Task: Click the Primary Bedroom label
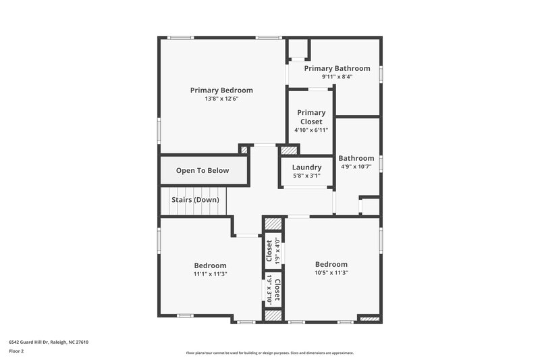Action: tap(221, 90)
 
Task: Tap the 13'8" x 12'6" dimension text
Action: tap(221, 99)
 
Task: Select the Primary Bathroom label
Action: tap(337, 68)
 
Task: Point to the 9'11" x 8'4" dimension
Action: tap(337, 76)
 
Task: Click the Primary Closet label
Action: tap(310, 117)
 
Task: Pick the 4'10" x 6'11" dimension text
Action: tap(310, 130)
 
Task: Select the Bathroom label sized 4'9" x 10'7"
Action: tap(356, 158)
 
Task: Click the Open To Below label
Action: tap(202, 171)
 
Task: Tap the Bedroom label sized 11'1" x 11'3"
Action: tap(210, 265)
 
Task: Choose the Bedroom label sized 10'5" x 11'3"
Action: tap(331, 264)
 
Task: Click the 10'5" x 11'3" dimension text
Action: tap(331, 273)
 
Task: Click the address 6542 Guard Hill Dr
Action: tap(49, 342)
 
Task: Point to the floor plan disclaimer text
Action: tap(269, 353)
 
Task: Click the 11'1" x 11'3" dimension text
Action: tap(210, 274)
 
